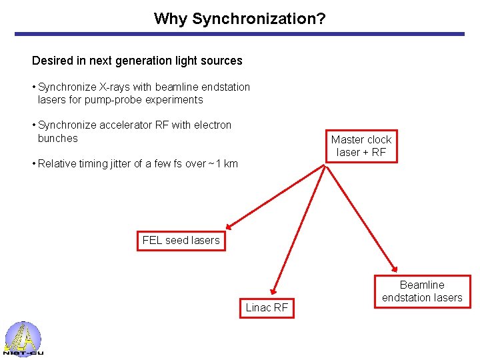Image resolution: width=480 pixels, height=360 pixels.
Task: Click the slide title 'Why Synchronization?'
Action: click(x=239, y=18)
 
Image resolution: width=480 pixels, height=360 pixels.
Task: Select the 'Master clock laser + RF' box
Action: click(x=361, y=146)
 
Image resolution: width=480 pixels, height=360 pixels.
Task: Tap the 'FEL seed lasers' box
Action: click(x=181, y=240)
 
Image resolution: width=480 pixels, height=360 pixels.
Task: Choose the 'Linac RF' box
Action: click(x=267, y=307)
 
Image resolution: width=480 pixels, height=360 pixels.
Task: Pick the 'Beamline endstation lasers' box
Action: click(x=422, y=291)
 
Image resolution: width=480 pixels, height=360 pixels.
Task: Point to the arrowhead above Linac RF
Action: click(x=273, y=290)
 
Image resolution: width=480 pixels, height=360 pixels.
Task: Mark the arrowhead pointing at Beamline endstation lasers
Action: click(x=396, y=269)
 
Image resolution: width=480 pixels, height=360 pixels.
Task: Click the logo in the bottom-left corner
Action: click(x=23, y=339)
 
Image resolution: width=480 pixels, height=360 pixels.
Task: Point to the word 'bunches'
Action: click(x=58, y=138)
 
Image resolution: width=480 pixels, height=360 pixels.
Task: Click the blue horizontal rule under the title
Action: click(x=239, y=34)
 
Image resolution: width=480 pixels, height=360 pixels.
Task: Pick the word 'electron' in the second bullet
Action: click(x=213, y=125)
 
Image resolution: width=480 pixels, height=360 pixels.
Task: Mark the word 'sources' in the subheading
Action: click(x=223, y=61)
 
